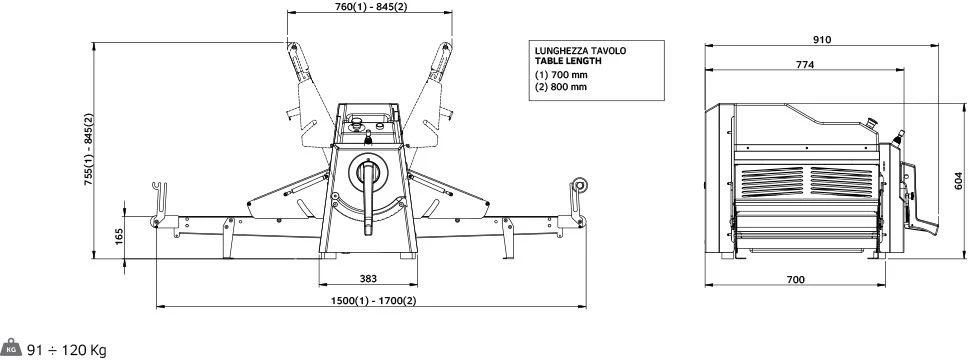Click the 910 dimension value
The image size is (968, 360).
click(822, 40)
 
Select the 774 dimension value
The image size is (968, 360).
click(804, 64)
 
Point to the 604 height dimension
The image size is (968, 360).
click(958, 180)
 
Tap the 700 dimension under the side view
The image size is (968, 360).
click(796, 280)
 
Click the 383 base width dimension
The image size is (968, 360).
click(368, 279)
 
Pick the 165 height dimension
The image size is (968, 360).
click(119, 237)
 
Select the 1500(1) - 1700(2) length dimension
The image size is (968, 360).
click(373, 301)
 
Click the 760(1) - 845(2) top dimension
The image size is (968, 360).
click(370, 7)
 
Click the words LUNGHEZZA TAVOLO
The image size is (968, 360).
click(580, 51)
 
